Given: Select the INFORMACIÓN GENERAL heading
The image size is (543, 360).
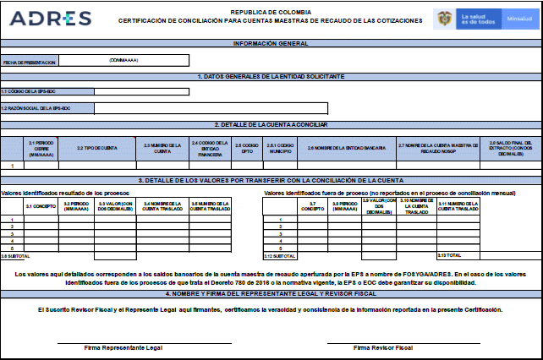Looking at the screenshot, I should point(271,43).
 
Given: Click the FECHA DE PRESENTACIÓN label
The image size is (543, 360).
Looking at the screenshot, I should point(29,63).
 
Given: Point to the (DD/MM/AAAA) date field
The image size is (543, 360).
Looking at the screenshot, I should point(123,61).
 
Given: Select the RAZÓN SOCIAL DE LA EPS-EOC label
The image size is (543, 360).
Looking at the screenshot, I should point(36,108).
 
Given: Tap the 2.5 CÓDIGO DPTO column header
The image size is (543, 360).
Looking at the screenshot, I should point(245,148).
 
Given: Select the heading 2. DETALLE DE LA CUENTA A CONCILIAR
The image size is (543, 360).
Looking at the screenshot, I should point(271,124).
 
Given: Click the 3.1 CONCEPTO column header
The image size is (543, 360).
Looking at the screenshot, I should point(40,205).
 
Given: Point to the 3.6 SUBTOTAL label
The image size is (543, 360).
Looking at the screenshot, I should point(15,255).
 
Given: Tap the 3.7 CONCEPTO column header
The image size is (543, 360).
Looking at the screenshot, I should point(313,205).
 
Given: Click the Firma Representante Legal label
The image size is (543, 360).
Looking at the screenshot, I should point(123,347).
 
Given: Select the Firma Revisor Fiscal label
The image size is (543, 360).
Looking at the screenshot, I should point(382,347).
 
